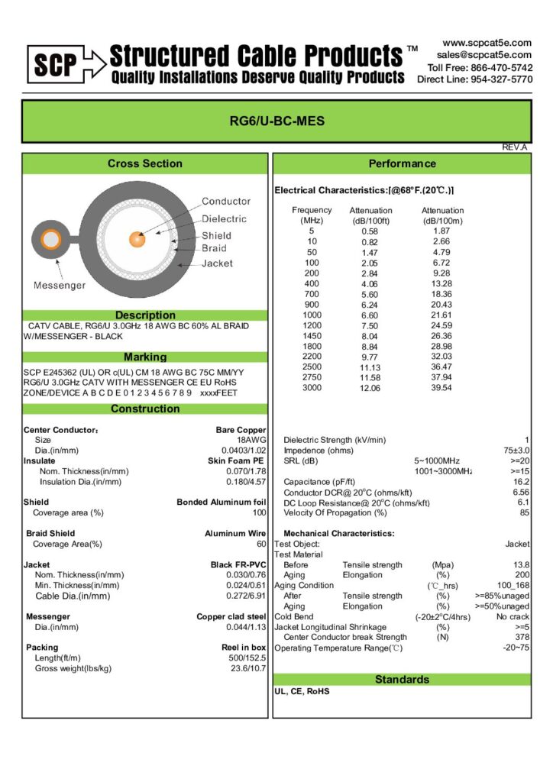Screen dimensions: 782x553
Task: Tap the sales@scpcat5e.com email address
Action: [484, 55]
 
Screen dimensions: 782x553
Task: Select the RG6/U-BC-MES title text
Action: [276, 121]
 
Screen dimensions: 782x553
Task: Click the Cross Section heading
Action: [144, 163]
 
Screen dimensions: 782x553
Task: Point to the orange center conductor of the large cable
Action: [137, 239]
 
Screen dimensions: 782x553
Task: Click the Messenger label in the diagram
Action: [60, 286]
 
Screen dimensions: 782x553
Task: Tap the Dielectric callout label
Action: [224, 218]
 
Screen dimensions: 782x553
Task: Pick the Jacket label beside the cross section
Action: [217, 263]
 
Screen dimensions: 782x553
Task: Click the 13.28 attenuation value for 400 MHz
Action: [441, 284]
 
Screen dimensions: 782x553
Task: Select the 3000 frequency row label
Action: [312, 387]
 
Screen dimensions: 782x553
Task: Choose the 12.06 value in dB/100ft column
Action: [370, 387]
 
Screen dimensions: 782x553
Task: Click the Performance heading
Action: [402, 163]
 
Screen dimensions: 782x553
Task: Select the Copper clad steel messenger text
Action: [231, 616]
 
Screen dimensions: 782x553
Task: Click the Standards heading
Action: [402, 679]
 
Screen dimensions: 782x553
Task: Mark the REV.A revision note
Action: [514, 147]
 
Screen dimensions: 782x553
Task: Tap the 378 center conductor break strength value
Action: [522, 637]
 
